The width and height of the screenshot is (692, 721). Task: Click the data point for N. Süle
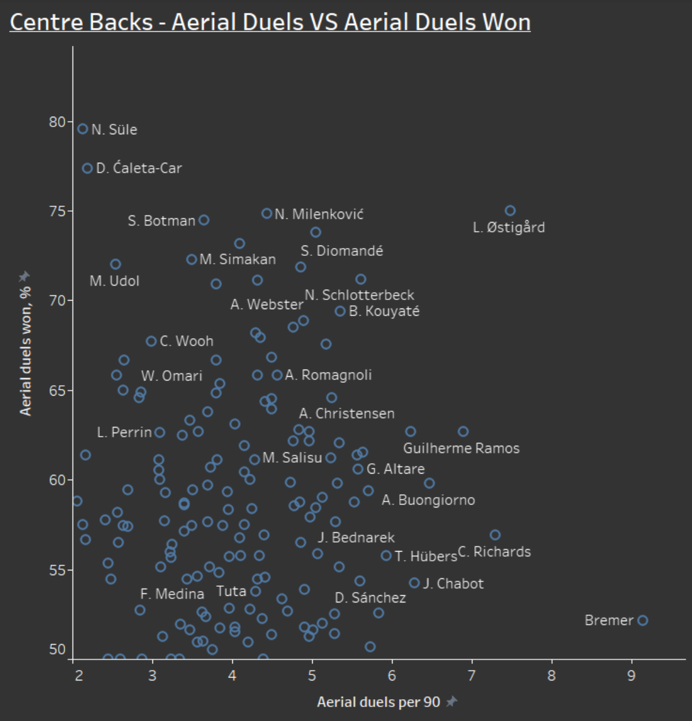tap(83, 129)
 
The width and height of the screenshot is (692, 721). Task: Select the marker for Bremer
tap(643, 621)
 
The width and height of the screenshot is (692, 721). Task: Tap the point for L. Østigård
tap(510, 210)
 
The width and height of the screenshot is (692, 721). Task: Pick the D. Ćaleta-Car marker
tap(87, 168)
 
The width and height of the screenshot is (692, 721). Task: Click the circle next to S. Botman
tap(204, 220)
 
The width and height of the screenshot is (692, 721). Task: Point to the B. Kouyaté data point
tap(340, 312)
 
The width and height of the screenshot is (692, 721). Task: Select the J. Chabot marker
tap(414, 583)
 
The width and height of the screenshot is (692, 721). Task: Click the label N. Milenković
tap(319, 214)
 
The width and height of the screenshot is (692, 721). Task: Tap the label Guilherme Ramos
tap(461, 448)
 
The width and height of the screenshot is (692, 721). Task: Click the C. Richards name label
tap(494, 552)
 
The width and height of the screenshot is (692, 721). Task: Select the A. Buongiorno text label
tap(428, 500)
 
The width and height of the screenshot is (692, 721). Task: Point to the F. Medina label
tap(172, 594)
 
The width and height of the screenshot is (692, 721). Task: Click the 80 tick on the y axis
tap(57, 122)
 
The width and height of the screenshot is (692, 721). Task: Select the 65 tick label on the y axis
tap(57, 390)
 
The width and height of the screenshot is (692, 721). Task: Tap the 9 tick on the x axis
tap(632, 676)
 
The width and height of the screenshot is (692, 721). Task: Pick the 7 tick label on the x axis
tap(472, 676)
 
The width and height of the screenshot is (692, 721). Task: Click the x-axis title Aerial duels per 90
tap(379, 702)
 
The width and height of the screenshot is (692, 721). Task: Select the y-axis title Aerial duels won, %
tap(25, 351)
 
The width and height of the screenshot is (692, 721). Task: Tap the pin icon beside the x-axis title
tap(452, 701)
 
